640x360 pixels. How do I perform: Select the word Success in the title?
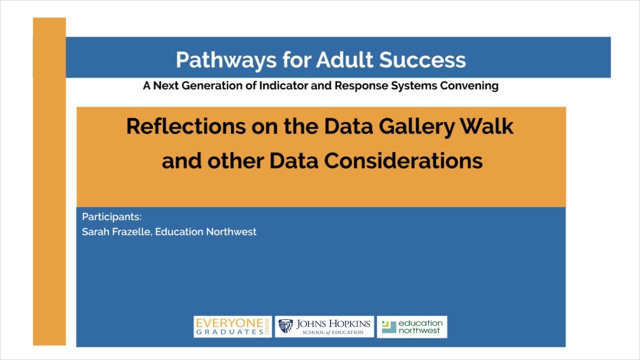tap(422, 60)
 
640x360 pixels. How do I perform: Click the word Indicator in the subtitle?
tap(282, 85)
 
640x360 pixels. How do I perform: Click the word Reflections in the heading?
tap(185, 126)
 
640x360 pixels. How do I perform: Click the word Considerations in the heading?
tap(403, 161)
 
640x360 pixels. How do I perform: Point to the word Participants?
tap(111, 217)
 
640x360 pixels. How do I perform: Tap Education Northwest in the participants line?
tap(205, 232)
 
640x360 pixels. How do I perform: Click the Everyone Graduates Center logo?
tap(232, 327)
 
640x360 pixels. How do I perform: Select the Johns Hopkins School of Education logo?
tap(324, 327)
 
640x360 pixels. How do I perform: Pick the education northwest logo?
tap(411, 327)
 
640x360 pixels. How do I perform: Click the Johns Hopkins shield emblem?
tap(285, 326)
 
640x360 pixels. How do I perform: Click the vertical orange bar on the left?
tap(49, 200)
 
